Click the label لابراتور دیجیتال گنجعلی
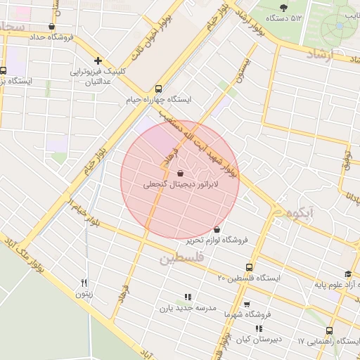point(181,185)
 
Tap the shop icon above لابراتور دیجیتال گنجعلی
point(180,172)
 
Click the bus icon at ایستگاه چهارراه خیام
point(157,89)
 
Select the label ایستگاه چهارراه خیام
point(160,100)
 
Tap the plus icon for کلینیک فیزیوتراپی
point(98,60)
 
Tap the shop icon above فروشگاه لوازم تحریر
point(216,229)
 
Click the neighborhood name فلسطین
point(181,259)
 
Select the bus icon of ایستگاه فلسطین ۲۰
point(249,267)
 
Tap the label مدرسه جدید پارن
point(186,307)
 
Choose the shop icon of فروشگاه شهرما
point(246,304)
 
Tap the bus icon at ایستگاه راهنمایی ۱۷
point(329,330)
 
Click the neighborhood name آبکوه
point(295,211)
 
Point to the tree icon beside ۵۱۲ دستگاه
point(283,8)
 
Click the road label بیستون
point(244,67)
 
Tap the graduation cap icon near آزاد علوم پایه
point(347,274)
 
